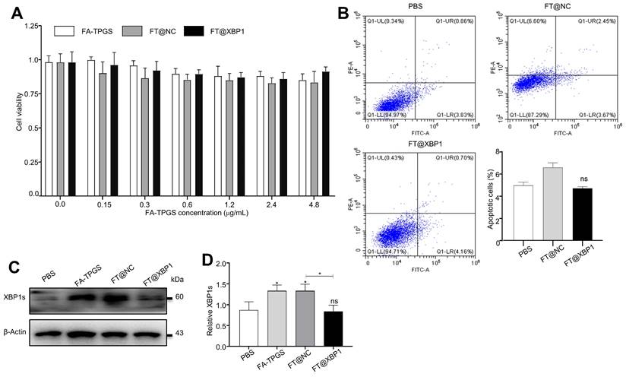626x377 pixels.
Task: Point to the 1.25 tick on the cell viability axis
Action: point(31,26)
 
